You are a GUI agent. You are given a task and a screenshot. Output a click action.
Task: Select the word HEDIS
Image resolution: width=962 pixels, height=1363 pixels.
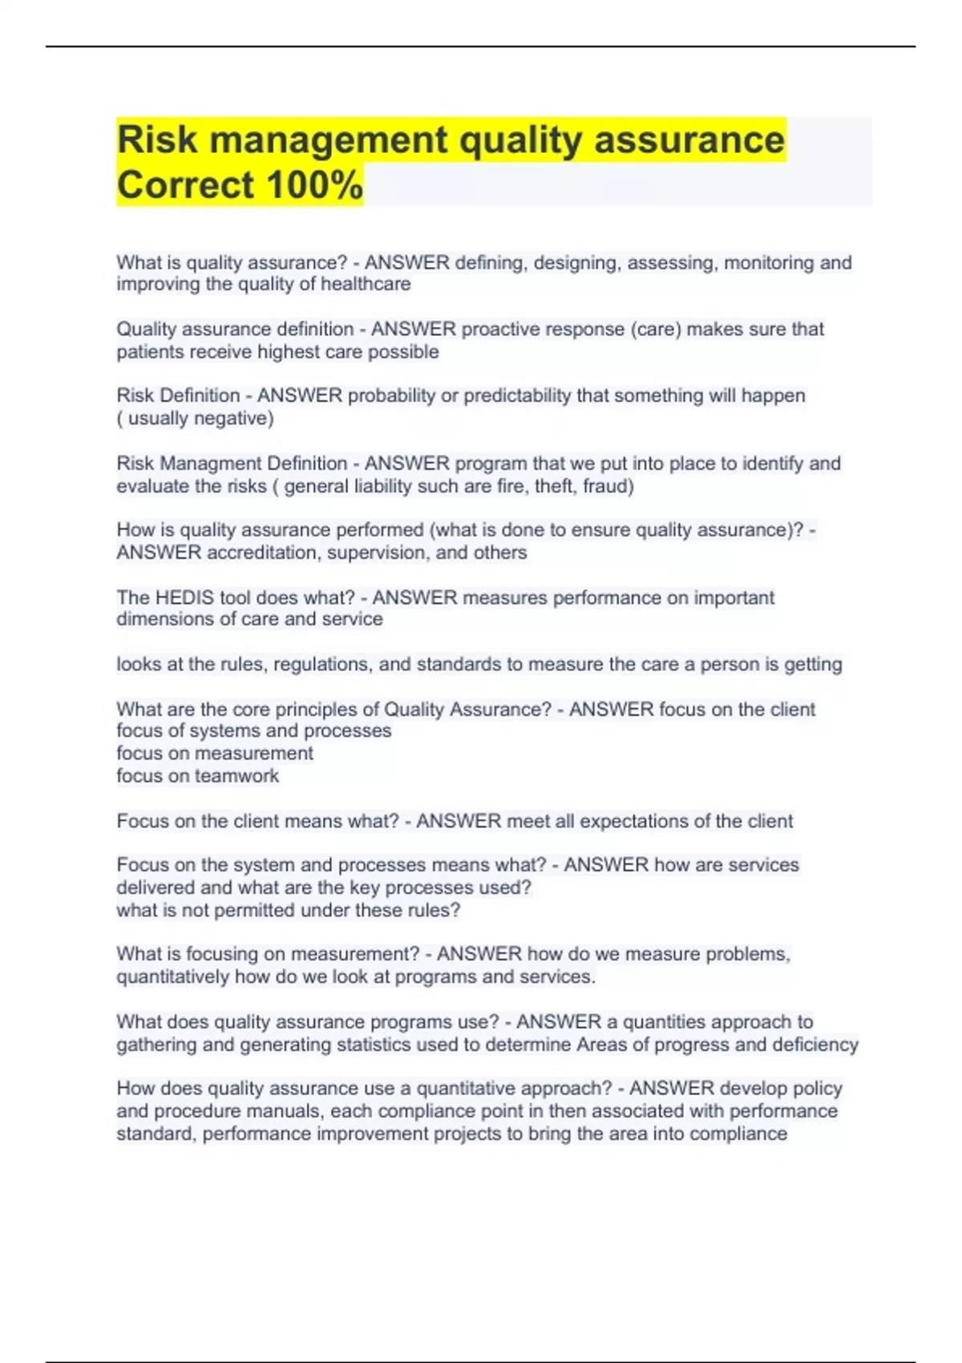coord(193,597)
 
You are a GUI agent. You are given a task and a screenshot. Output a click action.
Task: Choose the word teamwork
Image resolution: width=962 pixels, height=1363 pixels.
coord(236,775)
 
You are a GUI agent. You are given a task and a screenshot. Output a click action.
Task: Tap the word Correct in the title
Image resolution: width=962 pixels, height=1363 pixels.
coord(185,185)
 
